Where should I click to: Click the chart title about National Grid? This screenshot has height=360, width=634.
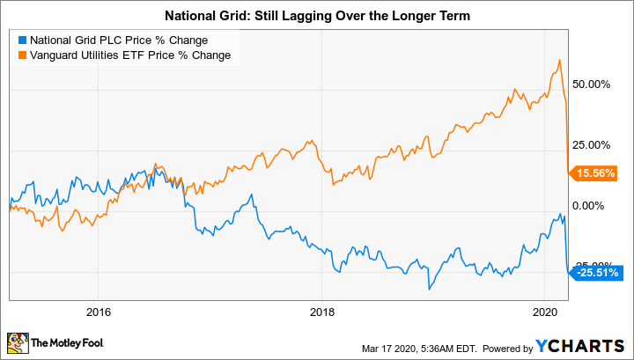pyautogui.click(x=317, y=15)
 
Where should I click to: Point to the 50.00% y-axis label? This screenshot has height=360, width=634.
pyautogui.click(x=592, y=84)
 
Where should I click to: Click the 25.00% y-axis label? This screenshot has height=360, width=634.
pyautogui.click(x=592, y=144)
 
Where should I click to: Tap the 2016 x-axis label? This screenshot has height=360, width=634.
pyautogui.click(x=99, y=312)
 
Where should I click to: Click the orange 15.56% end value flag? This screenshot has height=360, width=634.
pyautogui.click(x=596, y=173)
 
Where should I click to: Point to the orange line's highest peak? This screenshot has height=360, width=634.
pyautogui.click(x=560, y=60)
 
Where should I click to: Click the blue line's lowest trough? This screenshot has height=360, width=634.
pyautogui.click(x=430, y=289)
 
